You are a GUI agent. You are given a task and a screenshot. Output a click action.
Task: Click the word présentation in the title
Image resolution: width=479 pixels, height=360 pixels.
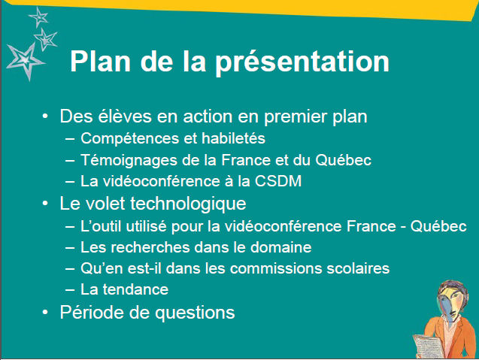point(302,62)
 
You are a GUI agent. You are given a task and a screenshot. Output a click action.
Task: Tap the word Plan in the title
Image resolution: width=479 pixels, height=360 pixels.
point(101,61)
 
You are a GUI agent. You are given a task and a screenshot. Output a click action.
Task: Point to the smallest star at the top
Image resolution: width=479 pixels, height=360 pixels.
point(39,17)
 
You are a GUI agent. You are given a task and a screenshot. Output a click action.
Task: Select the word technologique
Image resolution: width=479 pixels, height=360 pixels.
point(188,204)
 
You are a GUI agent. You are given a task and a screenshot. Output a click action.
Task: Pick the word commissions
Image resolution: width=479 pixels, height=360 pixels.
point(276,268)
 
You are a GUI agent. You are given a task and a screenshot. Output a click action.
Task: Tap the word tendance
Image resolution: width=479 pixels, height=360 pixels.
point(135,289)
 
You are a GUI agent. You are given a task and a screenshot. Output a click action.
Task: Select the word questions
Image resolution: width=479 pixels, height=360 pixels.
point(195,313)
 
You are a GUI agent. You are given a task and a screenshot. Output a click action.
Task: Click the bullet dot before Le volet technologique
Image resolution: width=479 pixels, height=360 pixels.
point(45,204)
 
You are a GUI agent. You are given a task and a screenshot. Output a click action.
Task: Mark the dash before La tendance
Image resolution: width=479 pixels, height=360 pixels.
point(70,289)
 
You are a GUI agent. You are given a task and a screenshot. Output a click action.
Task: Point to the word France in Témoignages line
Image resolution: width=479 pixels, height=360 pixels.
point(246,160)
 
